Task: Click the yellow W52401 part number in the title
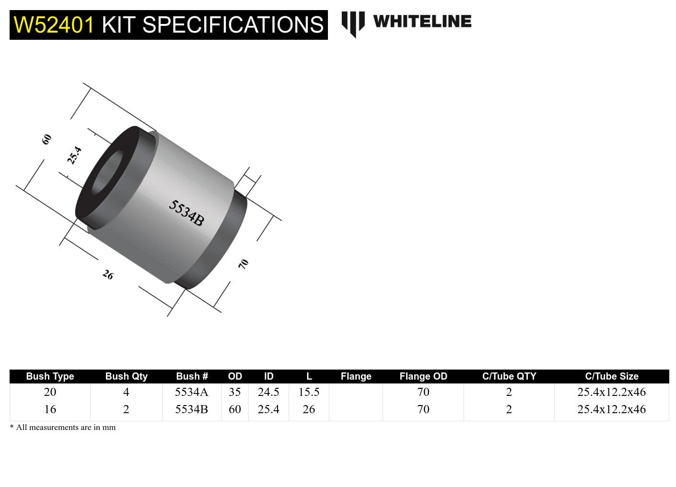[54, 25]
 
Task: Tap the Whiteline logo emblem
[353, 23]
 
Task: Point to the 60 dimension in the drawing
[47, 139]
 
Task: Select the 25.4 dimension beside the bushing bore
[74, 156]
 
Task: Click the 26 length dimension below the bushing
[108, 275]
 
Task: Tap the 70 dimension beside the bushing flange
[244, 264]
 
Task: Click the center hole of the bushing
[106, 174]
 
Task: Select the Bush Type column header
[50, 376]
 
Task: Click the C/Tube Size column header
[611, 376]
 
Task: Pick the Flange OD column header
[423, 376]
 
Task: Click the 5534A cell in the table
[191, 392]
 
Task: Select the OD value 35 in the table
[234, 392]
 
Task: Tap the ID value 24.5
[268, 392]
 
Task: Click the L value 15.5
[309, 392]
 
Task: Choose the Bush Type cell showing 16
[50, 409]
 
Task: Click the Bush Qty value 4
[126, 392]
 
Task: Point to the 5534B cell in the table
[191, 409]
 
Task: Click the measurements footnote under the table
[63, 427]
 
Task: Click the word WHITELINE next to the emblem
[422, 21]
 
